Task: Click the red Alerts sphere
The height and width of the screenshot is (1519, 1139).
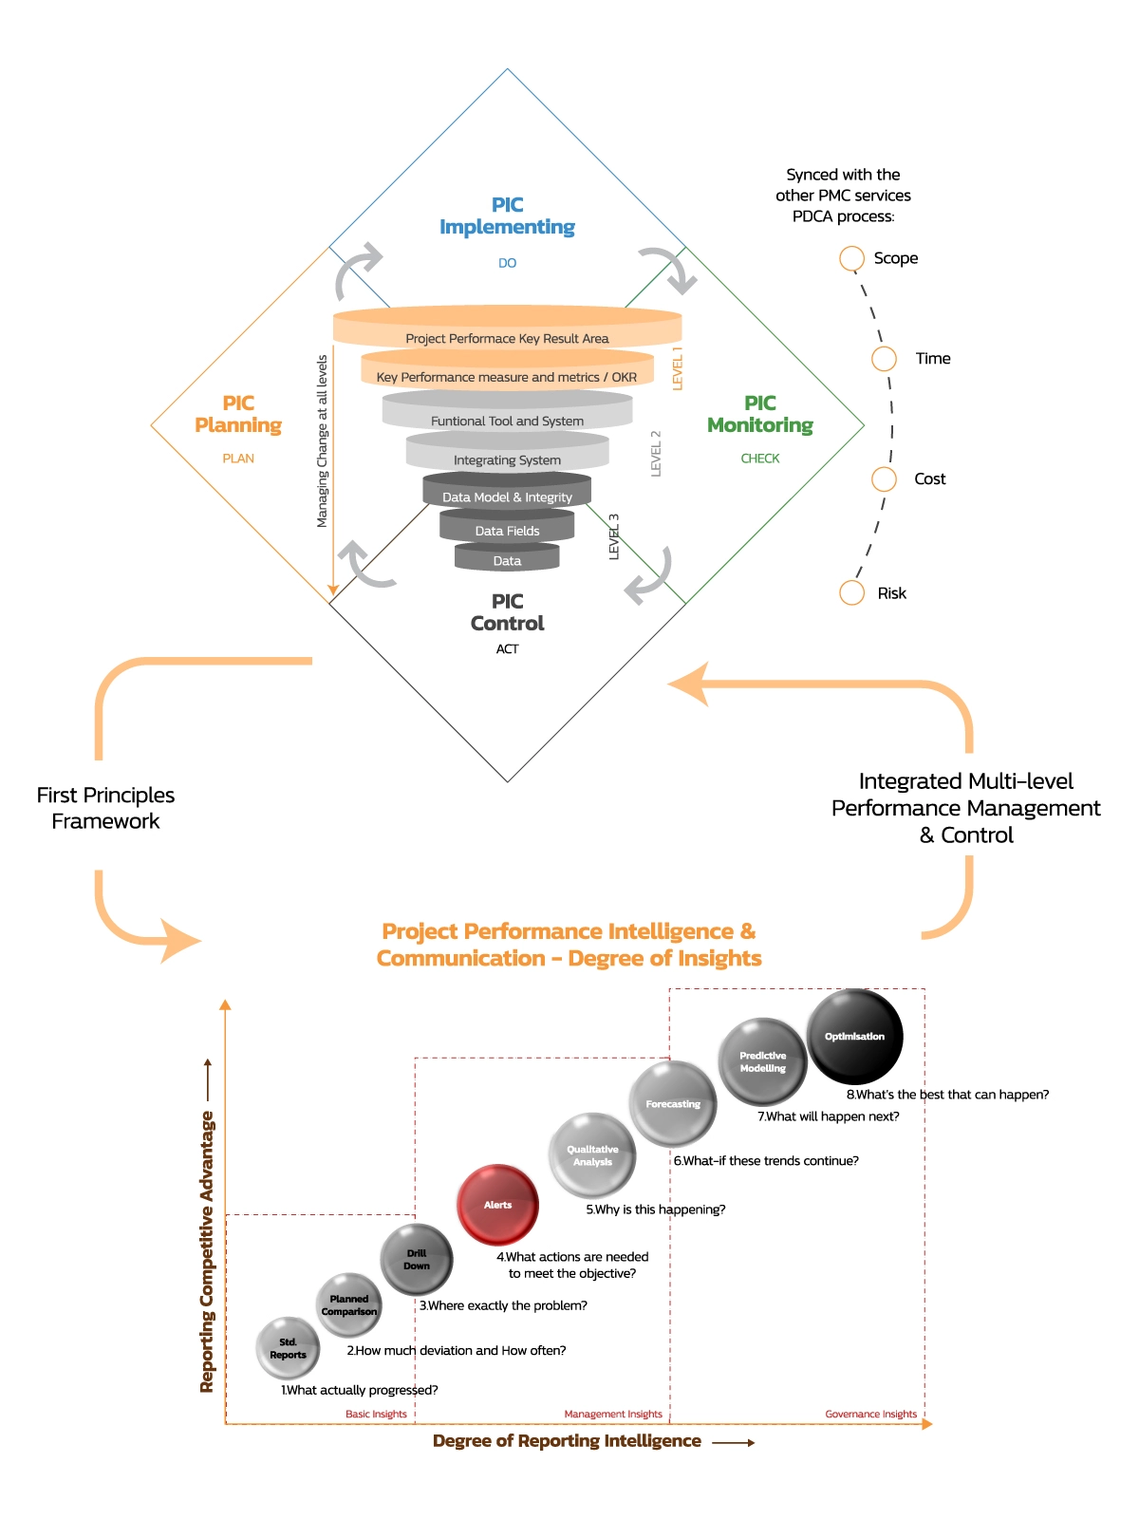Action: coord(497,1204)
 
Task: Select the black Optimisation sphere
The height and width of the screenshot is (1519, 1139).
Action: coord(854,1036)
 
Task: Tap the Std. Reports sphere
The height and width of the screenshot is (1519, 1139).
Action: coord(288,1348)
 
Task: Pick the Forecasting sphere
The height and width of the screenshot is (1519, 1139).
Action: coord(673,1104)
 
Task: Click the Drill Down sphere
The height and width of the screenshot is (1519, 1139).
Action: coord(417,1260)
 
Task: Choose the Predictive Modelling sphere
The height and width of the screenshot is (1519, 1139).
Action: coord(762,1061)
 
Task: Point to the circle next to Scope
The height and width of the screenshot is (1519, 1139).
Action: coord(851,258)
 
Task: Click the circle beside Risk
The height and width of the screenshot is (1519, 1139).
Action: coord(851,592)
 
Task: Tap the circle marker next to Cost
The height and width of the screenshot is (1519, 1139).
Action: coord(884,478)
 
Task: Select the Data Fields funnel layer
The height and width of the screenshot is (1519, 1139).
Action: coord(507,530)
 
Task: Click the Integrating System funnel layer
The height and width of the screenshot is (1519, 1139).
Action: coord(507,459)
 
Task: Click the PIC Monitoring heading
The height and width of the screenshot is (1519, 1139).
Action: coord(760,414)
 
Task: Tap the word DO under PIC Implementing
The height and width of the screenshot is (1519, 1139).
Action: coord(507,263)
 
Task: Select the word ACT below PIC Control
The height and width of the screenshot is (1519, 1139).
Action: coord(507,649)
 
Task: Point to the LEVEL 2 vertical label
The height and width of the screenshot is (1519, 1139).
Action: coord(655,453)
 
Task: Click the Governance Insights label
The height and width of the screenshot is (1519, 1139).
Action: coord(870,1414)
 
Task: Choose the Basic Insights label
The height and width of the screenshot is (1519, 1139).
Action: coord(376,1414)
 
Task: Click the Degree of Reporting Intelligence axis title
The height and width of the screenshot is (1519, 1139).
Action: coord(567,1441)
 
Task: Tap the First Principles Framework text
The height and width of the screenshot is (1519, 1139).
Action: coord(105,808)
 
